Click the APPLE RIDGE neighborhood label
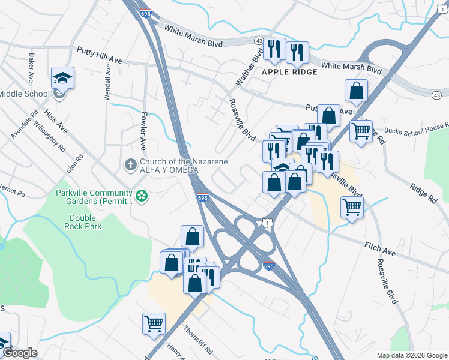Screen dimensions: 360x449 [x=289, y=72]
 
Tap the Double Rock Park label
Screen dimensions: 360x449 [x=85, y=222]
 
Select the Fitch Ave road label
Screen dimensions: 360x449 [x=379, y=249]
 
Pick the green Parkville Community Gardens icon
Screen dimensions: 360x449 [x=141, y=196]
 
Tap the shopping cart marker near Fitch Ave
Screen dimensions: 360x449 [x=352, y=208]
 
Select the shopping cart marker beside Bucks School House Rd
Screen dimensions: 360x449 [x=361, y=130]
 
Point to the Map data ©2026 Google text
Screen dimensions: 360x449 [x=411, y=355]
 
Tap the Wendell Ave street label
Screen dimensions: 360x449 [x=109, y=83]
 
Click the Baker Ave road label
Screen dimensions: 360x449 [x=30, y=68]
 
